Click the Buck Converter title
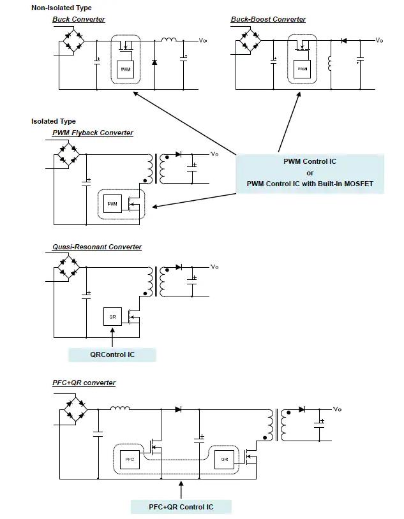tap(79, 19)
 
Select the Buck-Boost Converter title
tap(268, 19)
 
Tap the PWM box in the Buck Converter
tap(126, 69)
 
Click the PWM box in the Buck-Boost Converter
tap(303, 69)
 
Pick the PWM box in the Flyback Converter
tap(112, 204)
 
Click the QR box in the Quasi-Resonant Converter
tap(113, 317)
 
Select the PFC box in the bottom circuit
tap(130, 460)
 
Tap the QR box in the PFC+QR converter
tap(225, 460)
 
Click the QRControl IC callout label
tap(112, 355)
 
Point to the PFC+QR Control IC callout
tap(181, 507)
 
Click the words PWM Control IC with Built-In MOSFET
tap(310, 184)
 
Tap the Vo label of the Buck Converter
tap(203, 40)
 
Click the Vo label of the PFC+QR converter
tap(337, 409)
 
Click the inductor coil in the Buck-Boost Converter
tap(329, 63)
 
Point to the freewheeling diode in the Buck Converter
tap(154, 62)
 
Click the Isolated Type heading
tap(54, 121)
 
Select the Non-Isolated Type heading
tap(61, 8)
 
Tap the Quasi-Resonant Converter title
tap(97, 247)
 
